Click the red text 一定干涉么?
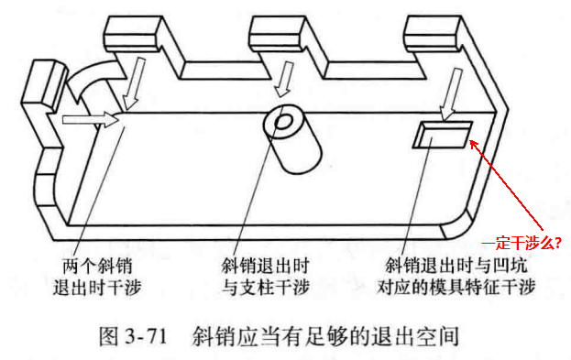[521, 243]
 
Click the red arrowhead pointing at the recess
[474, 145]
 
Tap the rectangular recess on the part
[443, 135]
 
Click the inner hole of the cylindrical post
[284, 122]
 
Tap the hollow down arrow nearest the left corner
[134, 83]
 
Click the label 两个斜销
[97, 266]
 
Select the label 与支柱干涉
[266, 287]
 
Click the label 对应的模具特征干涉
[456, 287]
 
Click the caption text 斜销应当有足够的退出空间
[324, 335]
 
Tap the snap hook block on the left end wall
[43, 85]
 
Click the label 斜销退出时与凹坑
[456, 266]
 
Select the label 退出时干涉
[97, 287]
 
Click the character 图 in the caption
[108, 335]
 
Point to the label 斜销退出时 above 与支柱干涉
[266, 266]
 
